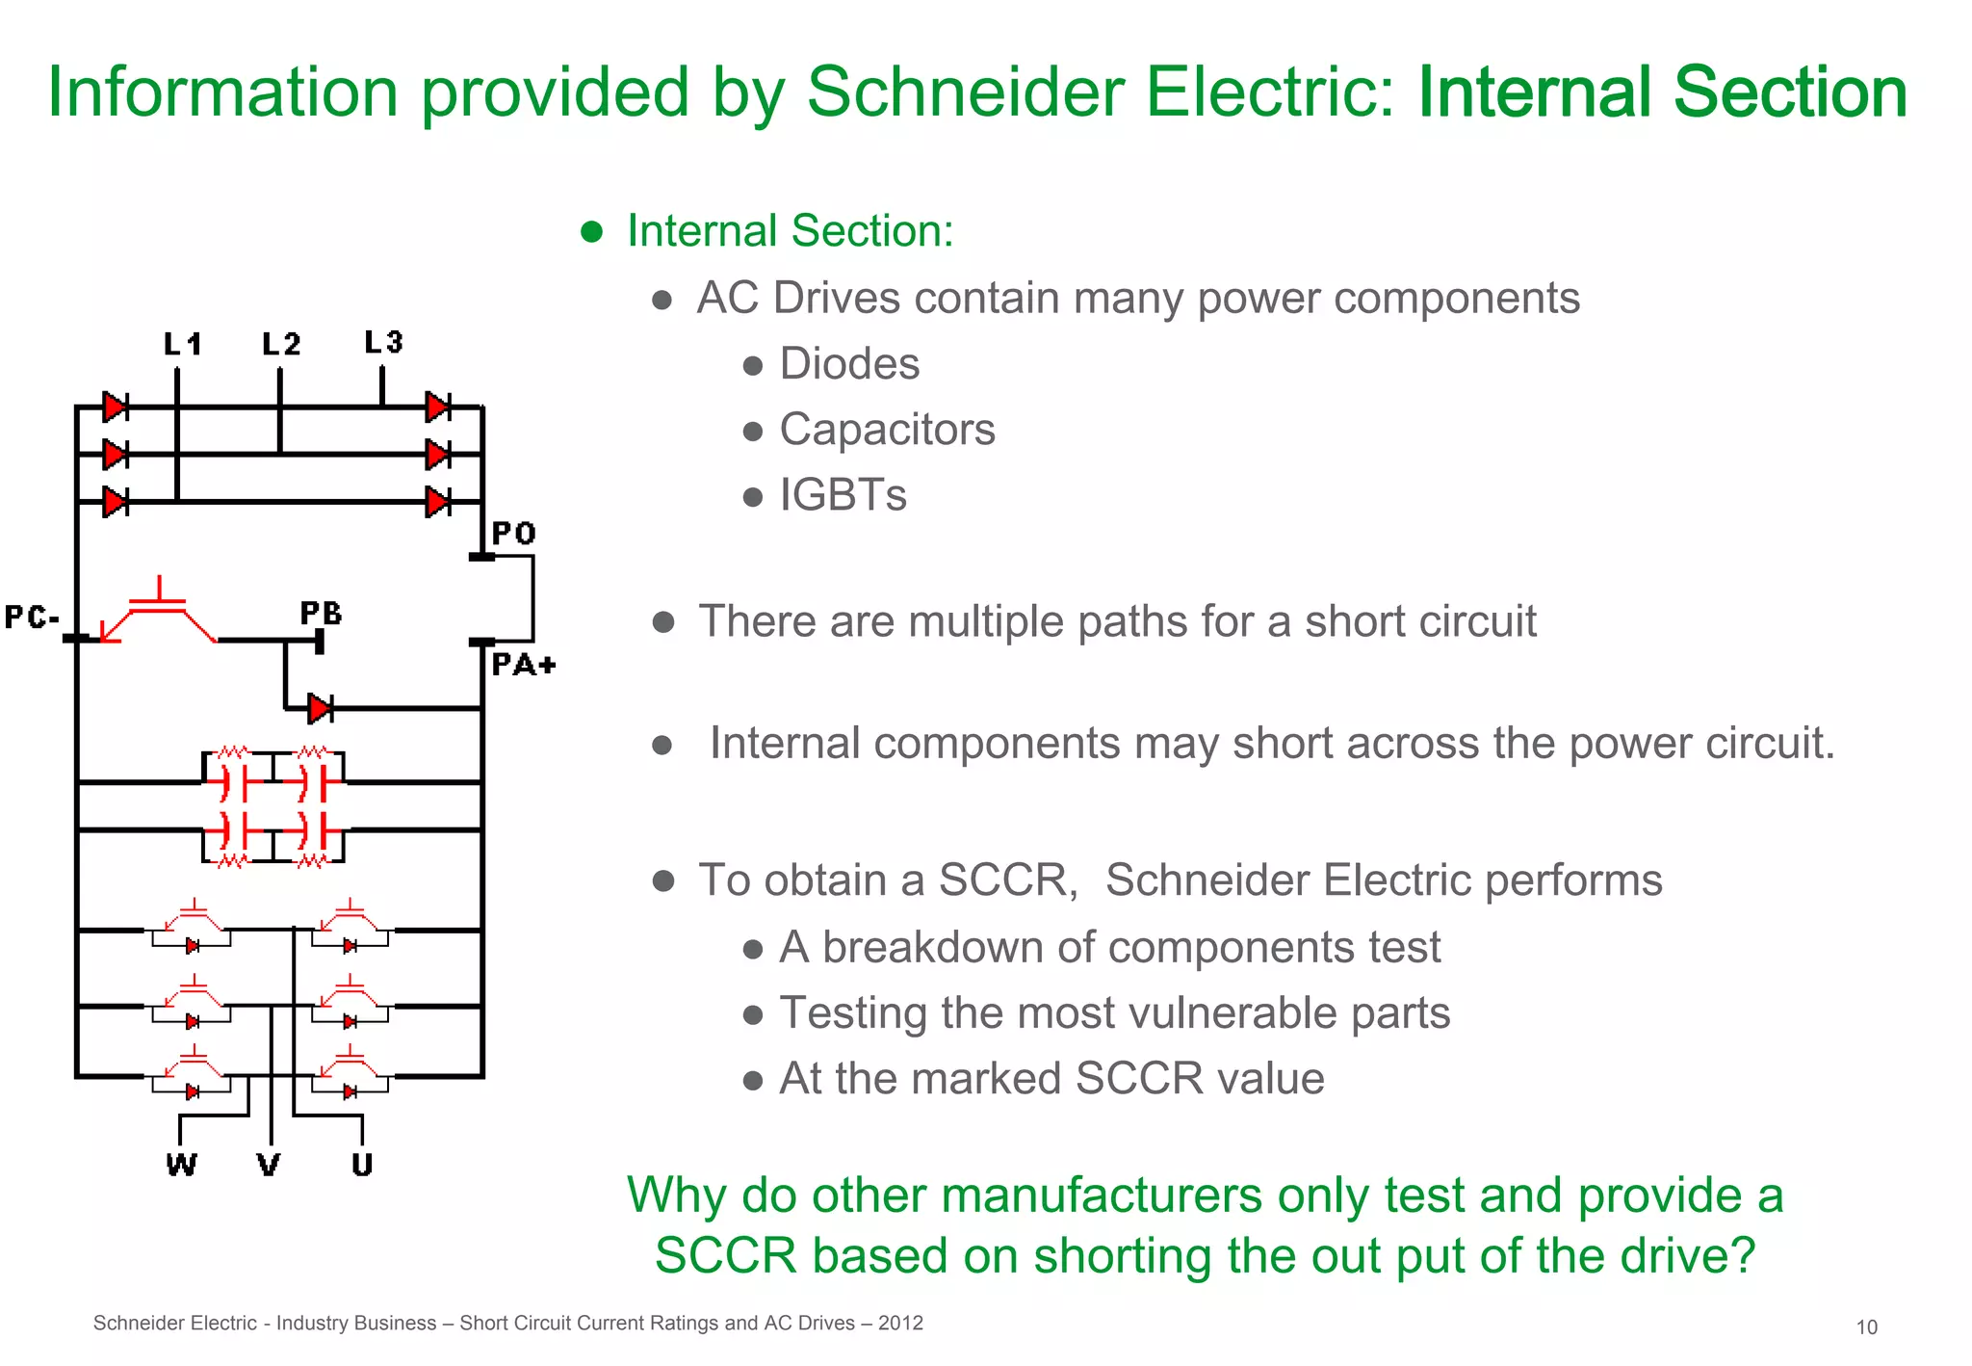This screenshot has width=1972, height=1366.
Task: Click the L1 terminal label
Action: [182, 344]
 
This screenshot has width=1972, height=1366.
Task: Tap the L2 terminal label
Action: [281, 344]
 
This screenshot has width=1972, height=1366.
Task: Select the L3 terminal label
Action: [383, 342]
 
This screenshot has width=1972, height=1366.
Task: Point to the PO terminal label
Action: [513, 534]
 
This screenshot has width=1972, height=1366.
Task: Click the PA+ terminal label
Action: [523, 665]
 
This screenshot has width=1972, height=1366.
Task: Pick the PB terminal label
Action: [321, 614]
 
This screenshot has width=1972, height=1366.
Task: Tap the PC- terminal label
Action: [32, 617]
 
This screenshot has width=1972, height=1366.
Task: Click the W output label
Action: [181, 1165]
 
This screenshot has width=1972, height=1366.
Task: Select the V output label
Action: [269, 1165]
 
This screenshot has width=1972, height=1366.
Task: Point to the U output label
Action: [362, 1165]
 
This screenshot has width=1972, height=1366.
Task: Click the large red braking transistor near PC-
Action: [159, 613]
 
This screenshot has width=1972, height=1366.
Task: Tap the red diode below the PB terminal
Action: [320, 709]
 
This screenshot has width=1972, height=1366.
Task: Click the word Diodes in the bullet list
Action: [849, 364]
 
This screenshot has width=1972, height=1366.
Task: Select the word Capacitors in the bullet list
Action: [887, 430]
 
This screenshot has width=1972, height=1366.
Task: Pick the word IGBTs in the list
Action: [843, 495]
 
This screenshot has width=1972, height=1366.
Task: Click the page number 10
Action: [1866, 1327]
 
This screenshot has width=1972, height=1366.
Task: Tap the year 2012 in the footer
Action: [900, 1323]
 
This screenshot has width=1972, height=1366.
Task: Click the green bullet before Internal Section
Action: [591, 231]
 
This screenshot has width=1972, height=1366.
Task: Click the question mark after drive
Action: [1742, 1256]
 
